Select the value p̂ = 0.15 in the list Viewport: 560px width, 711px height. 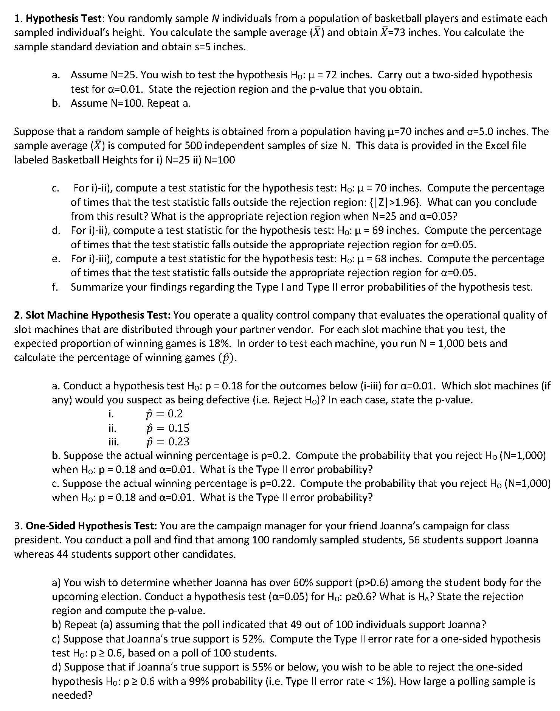point(168,428)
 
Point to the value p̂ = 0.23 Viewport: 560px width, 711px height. point(168,442)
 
